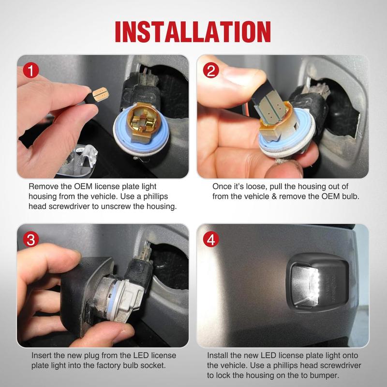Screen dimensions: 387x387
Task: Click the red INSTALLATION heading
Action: click(193, 31)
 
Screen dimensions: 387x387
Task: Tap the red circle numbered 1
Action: click(31, 70)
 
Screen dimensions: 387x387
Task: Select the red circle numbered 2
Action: click(211, 70)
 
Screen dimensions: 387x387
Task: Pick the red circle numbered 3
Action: click(31, 239)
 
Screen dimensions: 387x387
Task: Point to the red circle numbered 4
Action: click(211, 239)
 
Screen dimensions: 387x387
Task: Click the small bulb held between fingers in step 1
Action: click(100, 94)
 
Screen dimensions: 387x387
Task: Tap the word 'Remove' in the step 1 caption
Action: click(44, 187)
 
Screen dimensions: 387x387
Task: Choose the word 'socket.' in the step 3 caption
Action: click(153, 366)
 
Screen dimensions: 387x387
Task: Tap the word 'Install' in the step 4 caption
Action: click(217, 356)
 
